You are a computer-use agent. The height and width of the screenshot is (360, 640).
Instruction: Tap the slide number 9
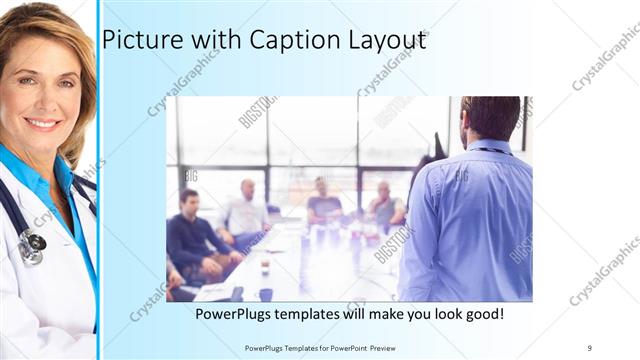[589, 347]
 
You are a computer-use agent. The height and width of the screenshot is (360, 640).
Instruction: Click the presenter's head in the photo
[490, 118]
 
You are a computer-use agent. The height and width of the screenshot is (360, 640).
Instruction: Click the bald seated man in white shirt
[245, 210]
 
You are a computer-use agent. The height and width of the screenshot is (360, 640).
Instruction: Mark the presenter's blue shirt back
[470, 220]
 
